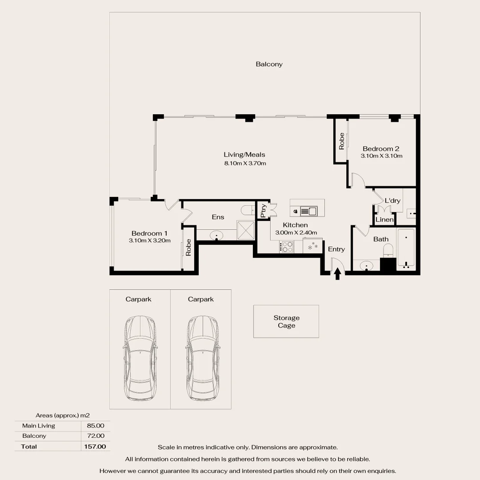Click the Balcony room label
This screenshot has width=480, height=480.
click(x=269, y=64)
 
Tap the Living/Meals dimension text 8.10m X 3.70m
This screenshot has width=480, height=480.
click(x=244, y=163)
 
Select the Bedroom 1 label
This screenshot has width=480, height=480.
click(x=149, y=233)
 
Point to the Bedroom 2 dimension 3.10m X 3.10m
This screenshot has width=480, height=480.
click(x=381, y=156)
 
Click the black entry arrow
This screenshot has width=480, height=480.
click(x=337, y=273)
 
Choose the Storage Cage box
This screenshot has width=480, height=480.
click(x=286, y=321)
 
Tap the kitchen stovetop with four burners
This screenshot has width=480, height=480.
click(x=287, y=246)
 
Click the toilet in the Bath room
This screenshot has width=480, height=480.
click(x=388, y=250)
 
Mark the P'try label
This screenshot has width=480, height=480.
click(x=263, y=210)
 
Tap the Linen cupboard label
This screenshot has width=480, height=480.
click(x=384, y=220)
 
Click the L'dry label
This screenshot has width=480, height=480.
click(x=392, y=200)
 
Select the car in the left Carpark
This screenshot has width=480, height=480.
click(x=140, y=358)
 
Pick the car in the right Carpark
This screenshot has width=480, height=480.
click(x=203, y=358)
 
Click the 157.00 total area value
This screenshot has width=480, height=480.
click(x=95, y=446)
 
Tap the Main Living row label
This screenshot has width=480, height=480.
click(x=39, y=426)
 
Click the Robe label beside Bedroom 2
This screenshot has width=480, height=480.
click(x=341, y=141)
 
